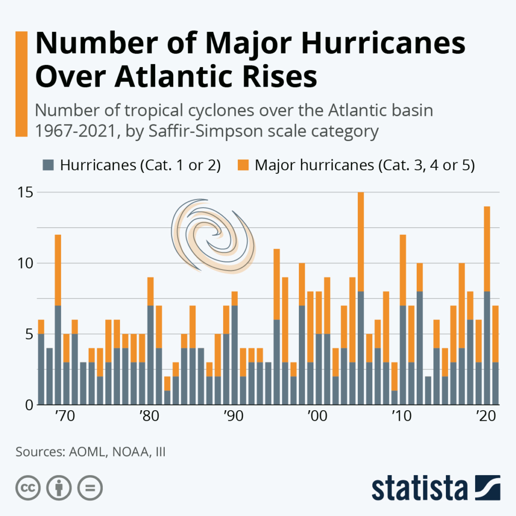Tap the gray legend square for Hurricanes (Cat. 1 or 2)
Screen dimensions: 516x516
[49, 165]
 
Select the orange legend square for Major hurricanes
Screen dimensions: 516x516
[243, 165]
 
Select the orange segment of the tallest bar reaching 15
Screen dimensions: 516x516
[361, 242]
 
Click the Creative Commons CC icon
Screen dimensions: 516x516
[28, 488]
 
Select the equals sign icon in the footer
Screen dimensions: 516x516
[89, 488]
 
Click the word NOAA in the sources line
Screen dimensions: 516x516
[123, 451]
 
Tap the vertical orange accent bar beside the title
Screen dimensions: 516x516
[21, 84]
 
